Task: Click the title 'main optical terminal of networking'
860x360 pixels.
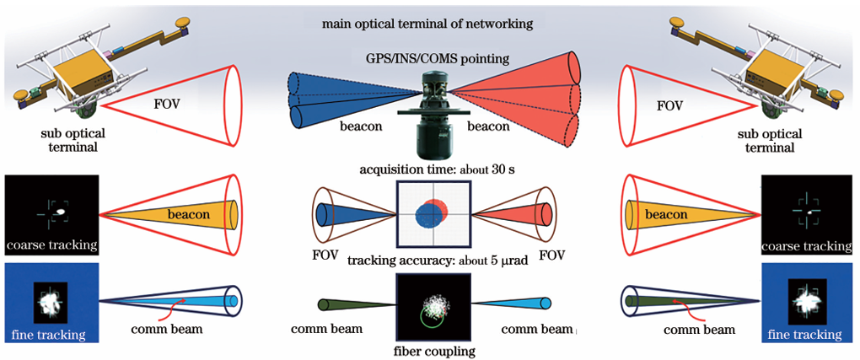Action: click(427, 24)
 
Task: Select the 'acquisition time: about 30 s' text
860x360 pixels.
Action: click(431, 169)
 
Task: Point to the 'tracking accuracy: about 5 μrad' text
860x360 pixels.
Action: click(431, 259)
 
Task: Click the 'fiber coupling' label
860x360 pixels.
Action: click(431, 350)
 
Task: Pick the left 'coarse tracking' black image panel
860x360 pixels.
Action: click(51, 215)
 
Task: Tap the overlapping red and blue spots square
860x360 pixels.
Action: click(431, 214)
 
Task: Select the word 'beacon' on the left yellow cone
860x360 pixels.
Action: click(188, 215)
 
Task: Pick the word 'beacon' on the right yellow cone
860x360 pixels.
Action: click(668, 215)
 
